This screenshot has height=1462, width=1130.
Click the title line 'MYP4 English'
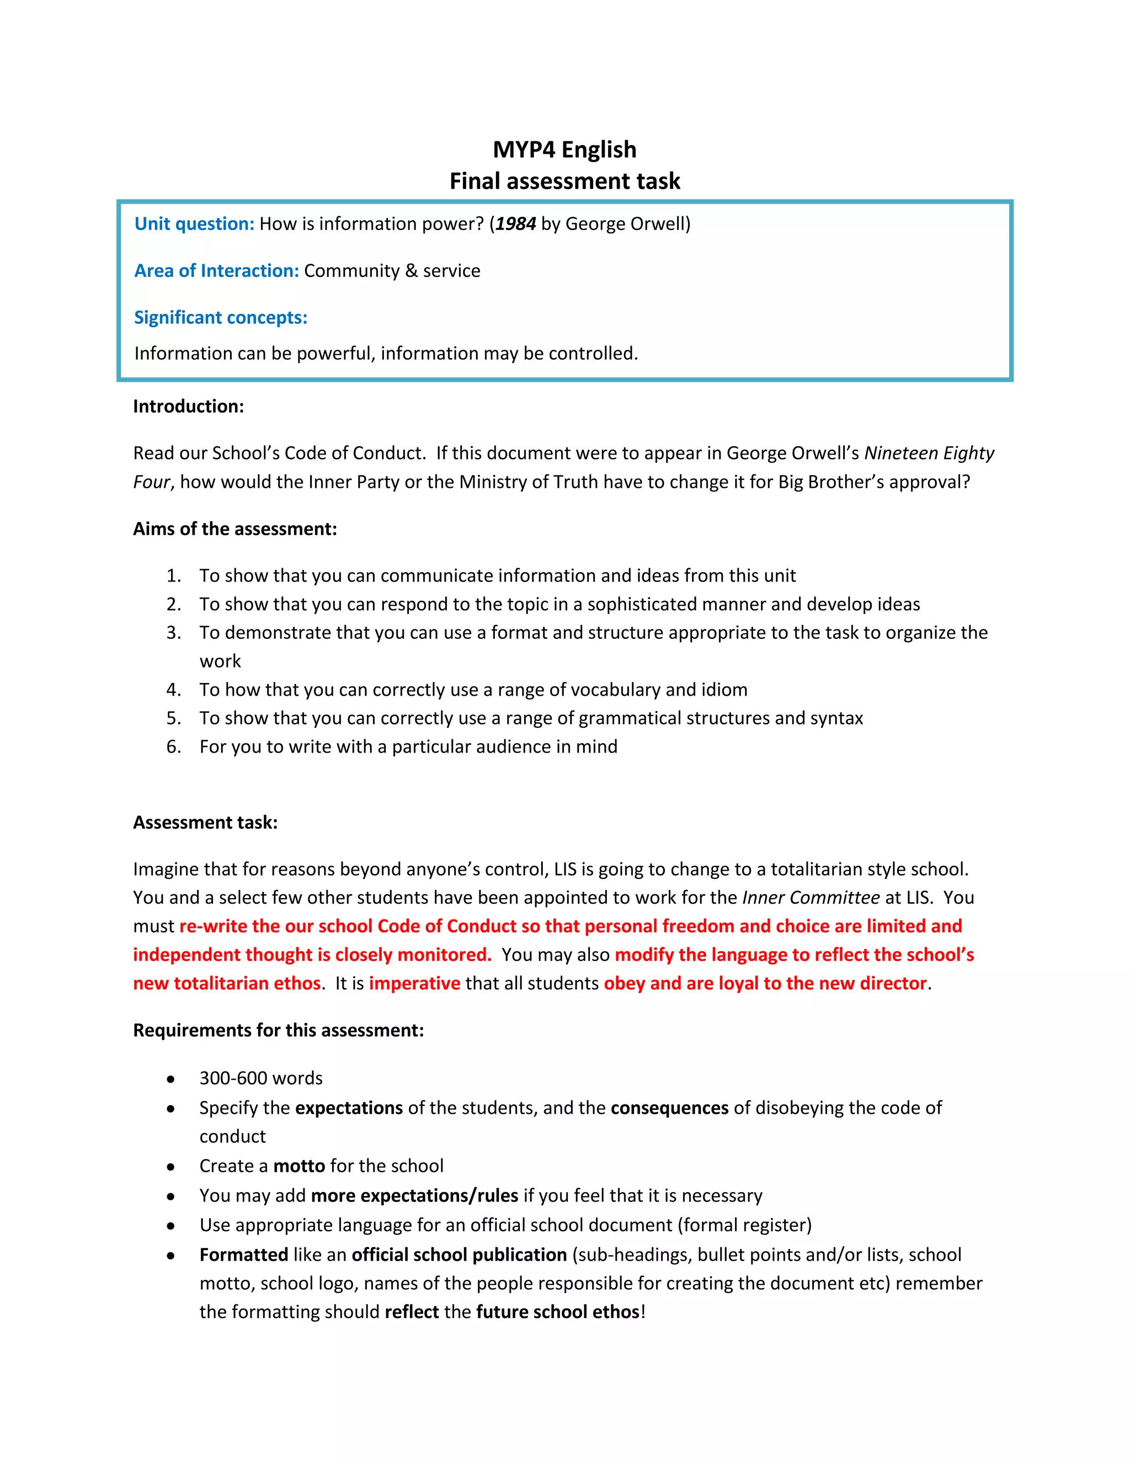coord(564,150)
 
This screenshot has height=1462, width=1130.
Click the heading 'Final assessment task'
coord(564,181)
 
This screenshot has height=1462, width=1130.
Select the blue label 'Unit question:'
coord(194,223)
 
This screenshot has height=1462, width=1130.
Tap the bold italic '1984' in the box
coord(515,223)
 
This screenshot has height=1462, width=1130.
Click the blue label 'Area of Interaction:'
coord(216,270)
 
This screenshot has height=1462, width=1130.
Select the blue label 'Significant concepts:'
coord(220,317)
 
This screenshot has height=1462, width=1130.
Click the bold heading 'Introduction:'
coord(188,407)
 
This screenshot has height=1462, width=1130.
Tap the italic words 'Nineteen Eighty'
coord(929,453)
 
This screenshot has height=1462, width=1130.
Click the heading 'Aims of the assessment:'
coord(234,529)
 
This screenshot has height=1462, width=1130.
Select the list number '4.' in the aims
coord(173,690)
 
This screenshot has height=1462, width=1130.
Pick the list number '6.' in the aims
coord(173,746)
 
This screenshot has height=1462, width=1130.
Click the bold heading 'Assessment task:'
coord(205,822)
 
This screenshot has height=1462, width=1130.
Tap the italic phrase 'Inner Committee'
coord(811,898)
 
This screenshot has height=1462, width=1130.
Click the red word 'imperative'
coord(414,983)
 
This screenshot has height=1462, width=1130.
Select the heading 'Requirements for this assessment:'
coord(278,1030)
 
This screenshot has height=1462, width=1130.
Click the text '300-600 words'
coord(260,1079)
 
